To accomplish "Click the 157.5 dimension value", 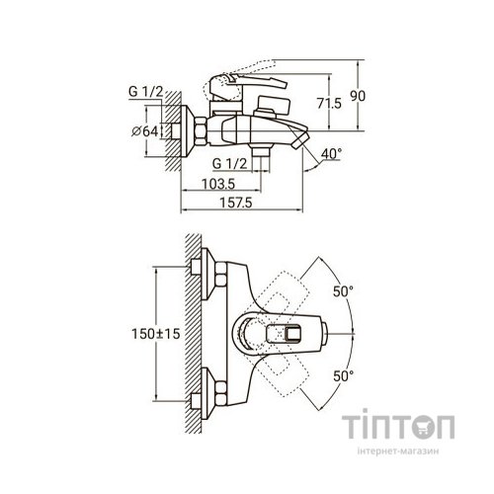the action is [236, 203].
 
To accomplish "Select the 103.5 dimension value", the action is [218, 184].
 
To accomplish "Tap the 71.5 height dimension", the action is [329, 103].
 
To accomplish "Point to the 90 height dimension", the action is [358, 96].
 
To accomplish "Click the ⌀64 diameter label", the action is [144, 131].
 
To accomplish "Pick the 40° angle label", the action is [331, 154].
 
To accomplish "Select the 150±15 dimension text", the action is [156, 334].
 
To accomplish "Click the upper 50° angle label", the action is [343, 291].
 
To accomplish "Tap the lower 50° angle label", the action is [344, 375].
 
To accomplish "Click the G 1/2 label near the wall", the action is [146, 92].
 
